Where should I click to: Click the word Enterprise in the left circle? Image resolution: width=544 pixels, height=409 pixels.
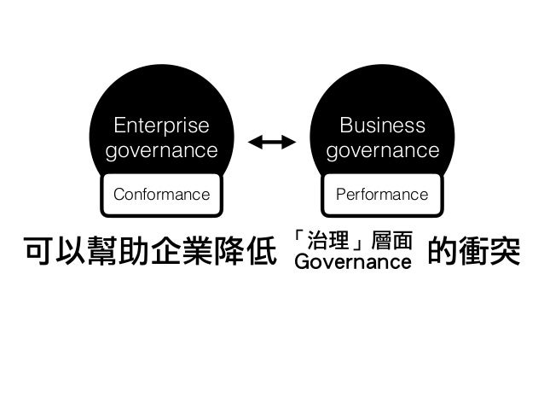pos(161,126)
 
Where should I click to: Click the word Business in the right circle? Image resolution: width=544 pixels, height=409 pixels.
pos(382,126)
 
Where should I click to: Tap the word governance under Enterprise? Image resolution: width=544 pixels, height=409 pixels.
pos(161,151)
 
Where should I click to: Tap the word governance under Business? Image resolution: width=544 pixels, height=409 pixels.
pos(382,151)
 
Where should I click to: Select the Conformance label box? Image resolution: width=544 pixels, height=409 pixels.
pos(161,195)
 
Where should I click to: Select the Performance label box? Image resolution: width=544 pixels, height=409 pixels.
pos(382,195)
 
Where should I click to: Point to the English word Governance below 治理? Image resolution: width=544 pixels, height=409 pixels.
pos(352,261)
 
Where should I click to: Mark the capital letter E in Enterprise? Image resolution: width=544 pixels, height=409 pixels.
pos(119,126)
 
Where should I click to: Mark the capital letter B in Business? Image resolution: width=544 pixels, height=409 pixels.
pos(345,126)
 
